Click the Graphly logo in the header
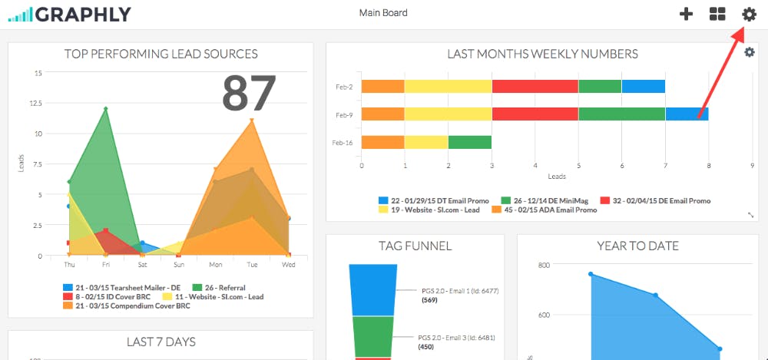[x=69, y=14]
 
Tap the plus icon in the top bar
[x=687, y=14]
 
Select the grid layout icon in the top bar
[x=717, y=14]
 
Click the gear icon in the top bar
[x=749, y=14]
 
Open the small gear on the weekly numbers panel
[x=750, y=52]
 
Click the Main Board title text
[x=383, y=13]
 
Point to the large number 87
[x=249, y=94]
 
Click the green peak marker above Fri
[x=106, y=109]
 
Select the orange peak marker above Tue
[x=252, y=121]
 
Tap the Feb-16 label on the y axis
[x=343, y=143]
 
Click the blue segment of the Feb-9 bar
[x=687, y=114]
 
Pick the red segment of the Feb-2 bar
[x=535, y=86]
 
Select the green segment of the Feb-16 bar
[x=469, y=142]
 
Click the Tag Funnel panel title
[x=415, y=246]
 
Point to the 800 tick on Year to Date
[x=543, y=265]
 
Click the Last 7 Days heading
[x=161, y=342]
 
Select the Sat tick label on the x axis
[x=142, y=265]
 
